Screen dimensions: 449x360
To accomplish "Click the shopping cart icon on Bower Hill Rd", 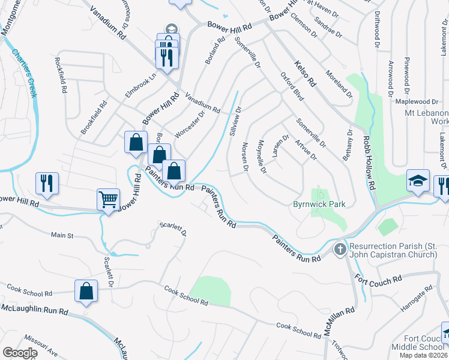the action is point(108,199).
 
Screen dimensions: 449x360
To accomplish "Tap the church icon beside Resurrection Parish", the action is point(340,248).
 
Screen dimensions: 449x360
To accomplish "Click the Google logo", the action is point(20,352).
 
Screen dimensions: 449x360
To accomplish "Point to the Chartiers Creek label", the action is point(25,72).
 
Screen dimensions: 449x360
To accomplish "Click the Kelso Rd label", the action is point(305,73).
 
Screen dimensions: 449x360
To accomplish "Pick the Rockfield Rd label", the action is point(62,75).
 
